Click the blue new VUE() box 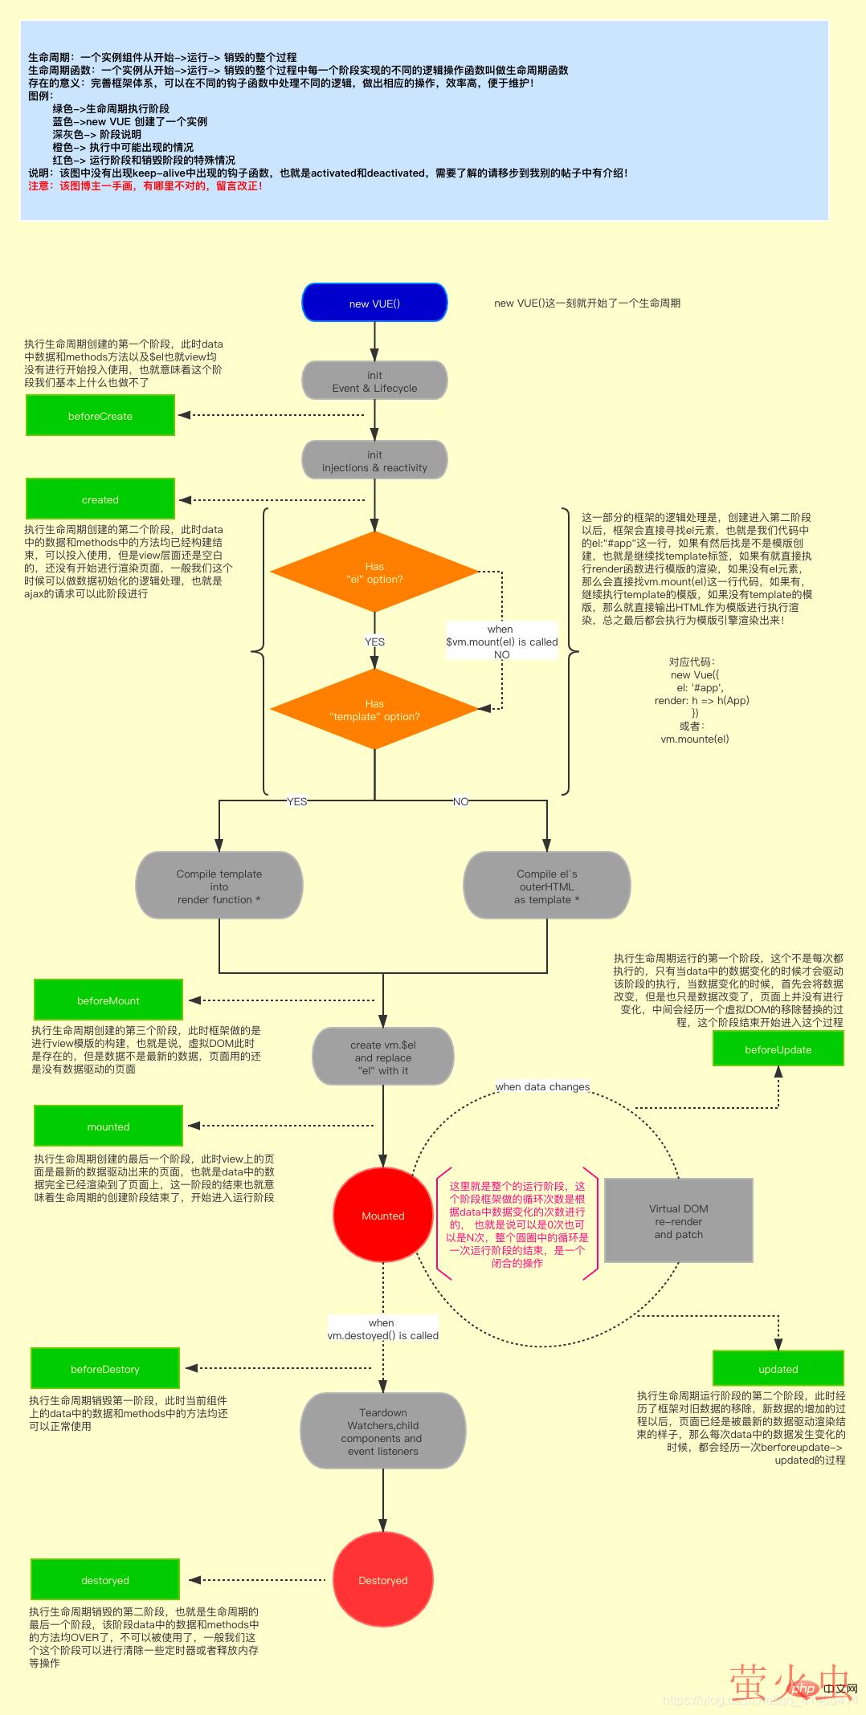coord(374,303)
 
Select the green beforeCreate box coord(100,416)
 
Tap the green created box coord(100,499)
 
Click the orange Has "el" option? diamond coord(374,572)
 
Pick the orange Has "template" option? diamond coord(374,710)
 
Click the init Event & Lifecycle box coord(374,381)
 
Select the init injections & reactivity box coord(374,460)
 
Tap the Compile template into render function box coord(219,886)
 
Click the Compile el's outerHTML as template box coord(547,886)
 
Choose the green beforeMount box coord(108,1000)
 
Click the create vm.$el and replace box coord(383,1057)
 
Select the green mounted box coord(108,1126)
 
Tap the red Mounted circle coord(382,1216)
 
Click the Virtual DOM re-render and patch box coord(679,1220)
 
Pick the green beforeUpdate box coord(778,1049)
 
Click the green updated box coord(778,1368)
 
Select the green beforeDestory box coord(105,1368)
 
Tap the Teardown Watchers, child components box coord(383,1431)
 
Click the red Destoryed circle coord(382,1579)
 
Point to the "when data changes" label coord(542,1086)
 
